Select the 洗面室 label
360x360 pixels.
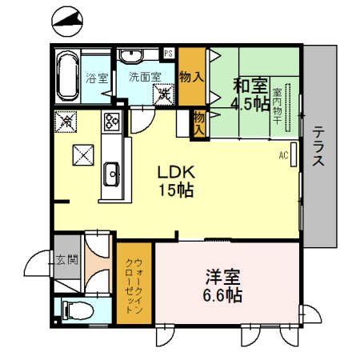[x=144, y=78]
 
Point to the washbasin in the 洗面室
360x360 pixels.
[x=131, y=55]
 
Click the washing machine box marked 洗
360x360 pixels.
[x=166, y=94]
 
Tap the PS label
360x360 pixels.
[x=169, y=53]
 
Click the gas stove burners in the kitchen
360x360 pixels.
[x=110, y=123]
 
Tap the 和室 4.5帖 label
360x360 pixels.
[x=250, y=93]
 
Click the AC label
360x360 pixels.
[x=283, y=155]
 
